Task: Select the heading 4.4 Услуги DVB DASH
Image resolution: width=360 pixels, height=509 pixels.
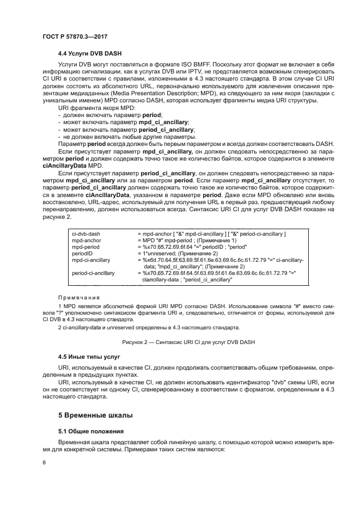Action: tap(90, 53)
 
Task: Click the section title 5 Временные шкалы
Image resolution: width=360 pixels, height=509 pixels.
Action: tap(95, 415)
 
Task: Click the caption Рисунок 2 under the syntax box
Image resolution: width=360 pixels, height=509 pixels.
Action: tap(180, 341)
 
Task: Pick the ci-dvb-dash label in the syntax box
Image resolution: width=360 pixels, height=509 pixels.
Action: tap(86, 234)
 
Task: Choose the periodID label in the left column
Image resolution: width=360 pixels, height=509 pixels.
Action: tap(82, 253)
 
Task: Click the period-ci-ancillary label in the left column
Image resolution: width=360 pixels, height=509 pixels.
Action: tap(93, 273)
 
